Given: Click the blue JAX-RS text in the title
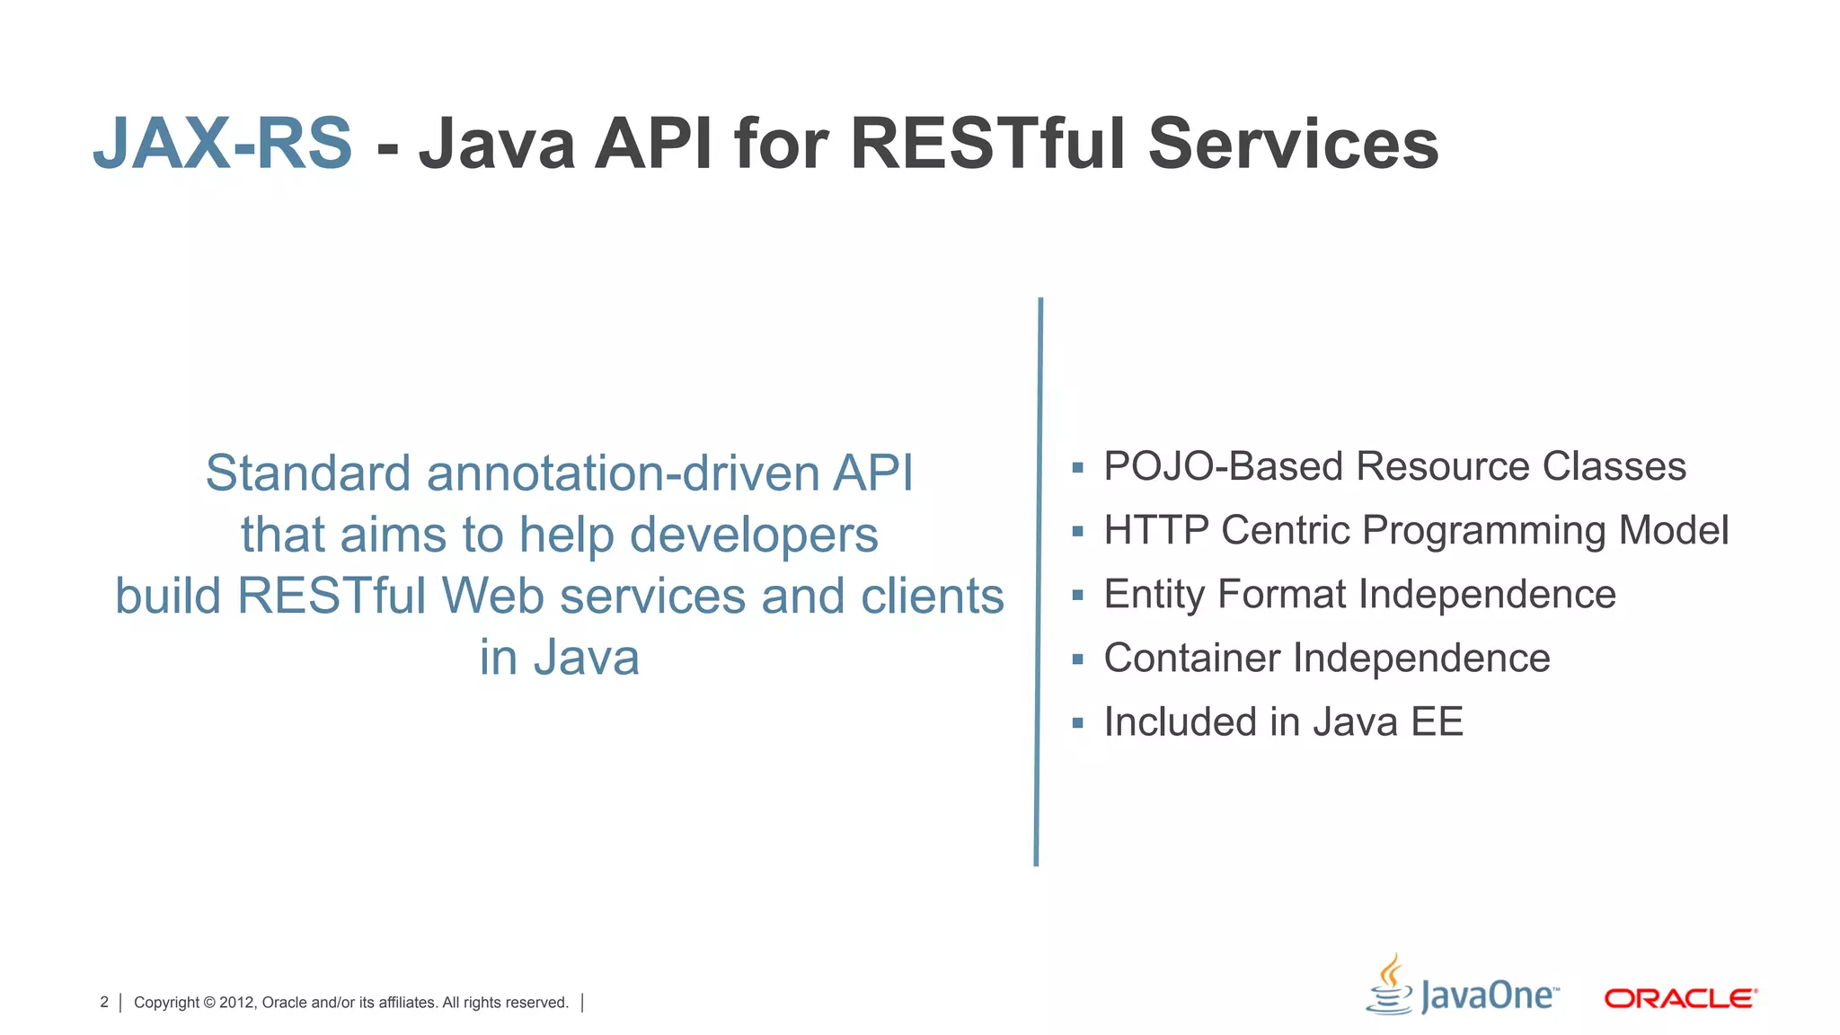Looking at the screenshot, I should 223,144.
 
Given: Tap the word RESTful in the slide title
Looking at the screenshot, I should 987,144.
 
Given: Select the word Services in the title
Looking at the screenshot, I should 1294,144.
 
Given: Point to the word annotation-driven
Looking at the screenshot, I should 623,473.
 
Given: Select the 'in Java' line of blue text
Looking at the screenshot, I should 559,658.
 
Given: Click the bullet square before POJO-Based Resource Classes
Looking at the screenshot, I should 1077,467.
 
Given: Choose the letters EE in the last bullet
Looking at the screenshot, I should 1437,722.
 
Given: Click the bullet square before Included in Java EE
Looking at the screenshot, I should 1077,722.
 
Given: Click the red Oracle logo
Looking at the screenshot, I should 1680,998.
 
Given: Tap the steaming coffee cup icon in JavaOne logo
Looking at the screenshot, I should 1390,986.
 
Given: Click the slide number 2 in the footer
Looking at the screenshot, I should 104,1002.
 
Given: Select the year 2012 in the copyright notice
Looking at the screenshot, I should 237,1003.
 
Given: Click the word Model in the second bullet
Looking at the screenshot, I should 1673,530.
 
